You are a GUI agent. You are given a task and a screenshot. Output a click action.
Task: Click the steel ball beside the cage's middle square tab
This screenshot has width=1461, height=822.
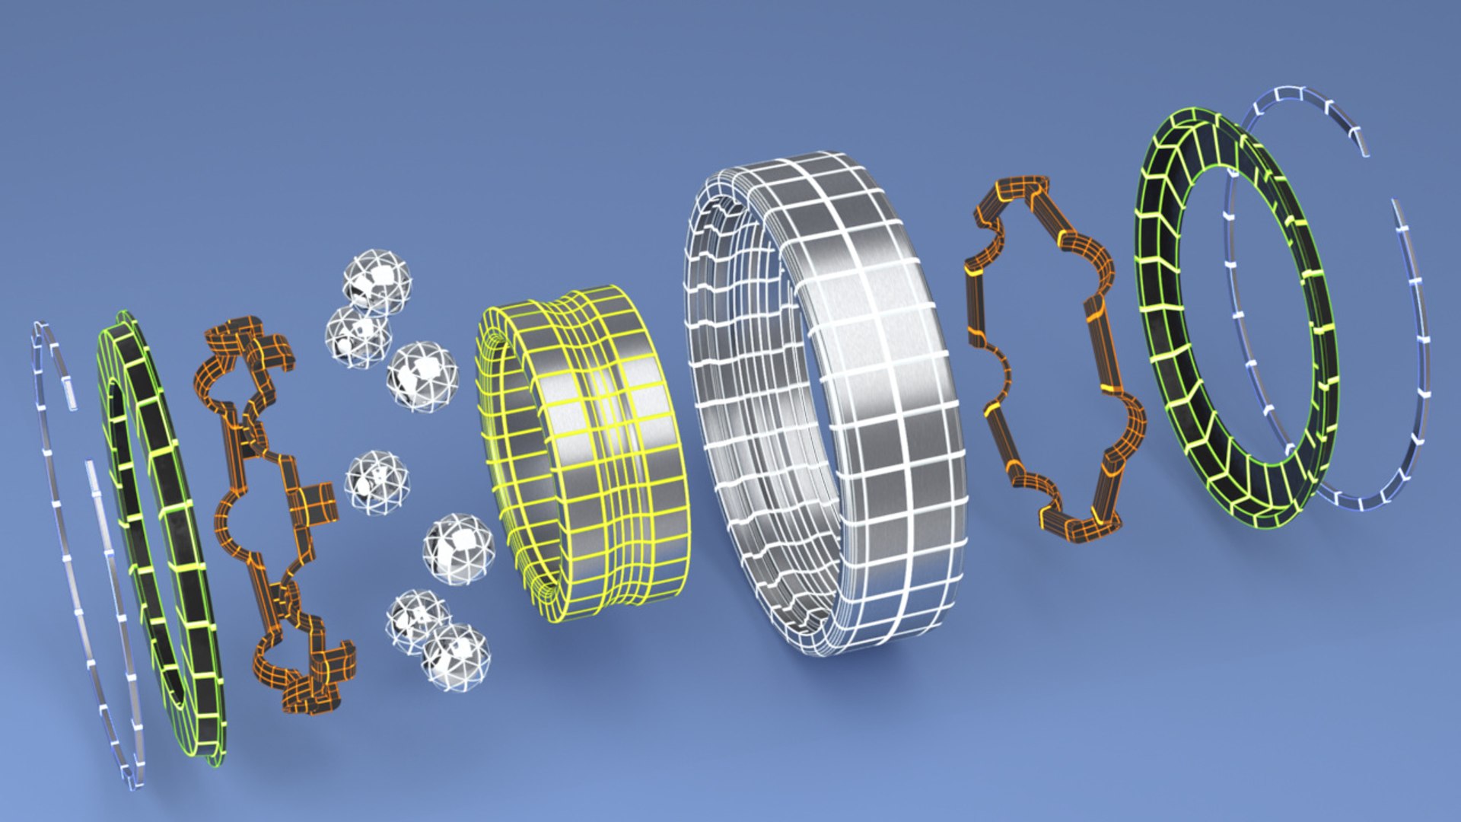point(377,482)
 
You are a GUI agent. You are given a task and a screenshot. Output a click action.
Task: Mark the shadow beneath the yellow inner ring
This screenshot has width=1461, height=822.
point(594,647)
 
